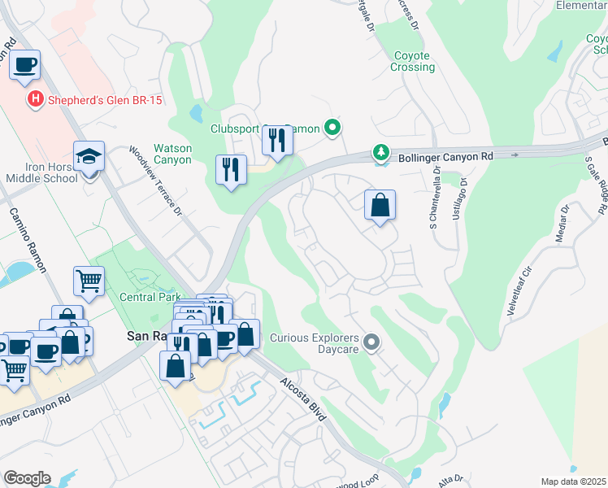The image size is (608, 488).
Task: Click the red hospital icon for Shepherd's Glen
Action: (35, 100)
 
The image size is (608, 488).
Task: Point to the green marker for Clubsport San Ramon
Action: (332, 128)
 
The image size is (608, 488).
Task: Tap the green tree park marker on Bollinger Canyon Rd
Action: (380, 152)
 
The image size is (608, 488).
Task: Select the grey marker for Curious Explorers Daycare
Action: (371, 342)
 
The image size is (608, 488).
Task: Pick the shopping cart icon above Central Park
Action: (89, 281)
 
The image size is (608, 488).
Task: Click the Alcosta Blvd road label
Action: (303, 399)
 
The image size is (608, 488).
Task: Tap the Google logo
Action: (27, 478)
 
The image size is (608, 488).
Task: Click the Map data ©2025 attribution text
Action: (573, 481)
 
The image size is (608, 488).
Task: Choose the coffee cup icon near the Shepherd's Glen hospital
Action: (25, 64)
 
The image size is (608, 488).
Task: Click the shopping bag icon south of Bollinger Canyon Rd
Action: (380, 206)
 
